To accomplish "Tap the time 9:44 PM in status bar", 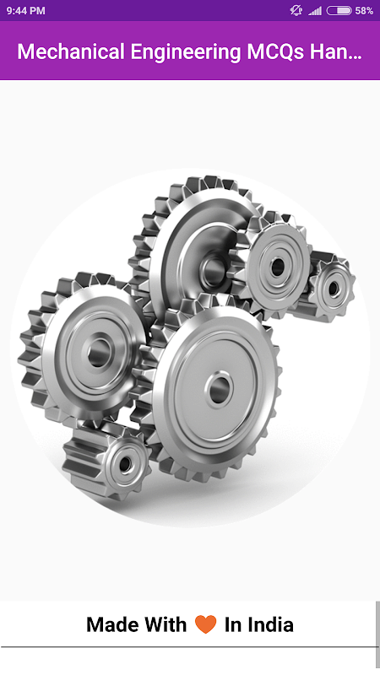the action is (x=26, y=11).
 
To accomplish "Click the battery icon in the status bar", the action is (x=339, y=11).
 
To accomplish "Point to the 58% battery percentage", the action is (x=364, y=11).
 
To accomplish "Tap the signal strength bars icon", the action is (x=315, y=11).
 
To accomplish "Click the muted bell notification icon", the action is (x=296, y=11).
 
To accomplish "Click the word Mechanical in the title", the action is (x=71, y=51).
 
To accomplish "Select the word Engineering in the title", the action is (x=186, y=52).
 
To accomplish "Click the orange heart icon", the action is (x=205, y=624).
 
